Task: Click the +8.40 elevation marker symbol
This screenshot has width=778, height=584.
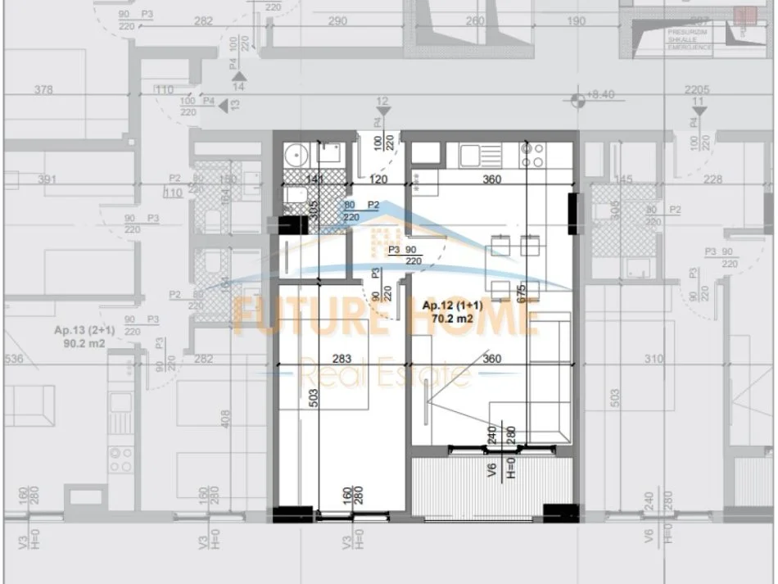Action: (578, 101)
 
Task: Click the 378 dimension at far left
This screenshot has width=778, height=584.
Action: (44, 89)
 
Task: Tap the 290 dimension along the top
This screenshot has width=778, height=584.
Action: (337, 21)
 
